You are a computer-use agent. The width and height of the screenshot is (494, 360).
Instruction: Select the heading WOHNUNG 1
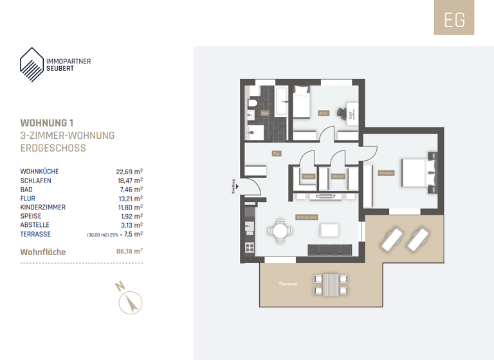coord(48,123)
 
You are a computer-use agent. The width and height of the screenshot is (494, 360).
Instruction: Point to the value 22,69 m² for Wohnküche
coord(129,172)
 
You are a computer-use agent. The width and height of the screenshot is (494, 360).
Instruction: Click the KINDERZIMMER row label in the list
coord(43,208)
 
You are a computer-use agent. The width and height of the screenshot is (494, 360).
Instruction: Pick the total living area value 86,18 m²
coord(129,252)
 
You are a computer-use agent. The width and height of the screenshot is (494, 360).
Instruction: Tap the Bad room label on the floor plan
coord(264,113)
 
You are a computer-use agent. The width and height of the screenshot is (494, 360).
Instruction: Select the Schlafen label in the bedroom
coord(386,172)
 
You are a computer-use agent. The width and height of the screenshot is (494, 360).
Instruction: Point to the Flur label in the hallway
coord(277,154)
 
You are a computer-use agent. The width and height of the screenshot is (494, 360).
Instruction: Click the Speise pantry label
coord(308,175)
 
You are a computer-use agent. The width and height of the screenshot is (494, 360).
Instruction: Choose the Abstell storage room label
coord(337,175)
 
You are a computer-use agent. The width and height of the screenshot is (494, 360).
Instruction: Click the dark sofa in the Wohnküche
coord(330,249)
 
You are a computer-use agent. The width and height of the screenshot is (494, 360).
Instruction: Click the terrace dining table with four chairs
coord(329,283)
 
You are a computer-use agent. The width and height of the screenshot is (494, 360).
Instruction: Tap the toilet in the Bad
coord(253,102)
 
